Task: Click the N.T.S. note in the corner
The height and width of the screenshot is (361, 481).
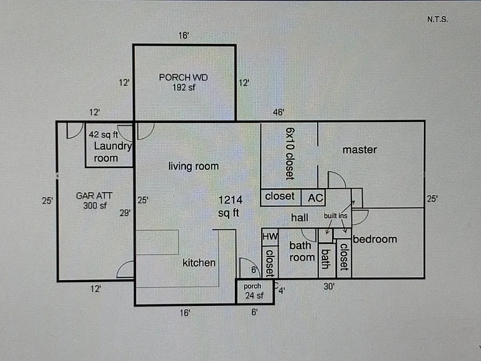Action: click(437, 19)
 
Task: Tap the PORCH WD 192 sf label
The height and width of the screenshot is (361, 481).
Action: click(184, 82)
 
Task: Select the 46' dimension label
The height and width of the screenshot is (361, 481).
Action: click(279, 112)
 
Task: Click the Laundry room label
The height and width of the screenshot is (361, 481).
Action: click(113, 152)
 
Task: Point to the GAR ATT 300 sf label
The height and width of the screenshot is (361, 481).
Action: click(94, 201)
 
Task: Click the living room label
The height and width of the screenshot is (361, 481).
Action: click(194, 166)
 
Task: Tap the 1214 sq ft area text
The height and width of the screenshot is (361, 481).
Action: click(230, 206)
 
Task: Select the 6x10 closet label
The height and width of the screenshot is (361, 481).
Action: click(290, 154)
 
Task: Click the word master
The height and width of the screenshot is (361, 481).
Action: click(360, 150)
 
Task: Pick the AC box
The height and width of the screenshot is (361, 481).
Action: click(314, 197)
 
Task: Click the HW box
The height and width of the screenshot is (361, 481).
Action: click(270, 237)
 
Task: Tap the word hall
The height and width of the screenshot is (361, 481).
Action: click(300, 217)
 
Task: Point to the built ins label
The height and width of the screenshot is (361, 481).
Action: click(336, 216)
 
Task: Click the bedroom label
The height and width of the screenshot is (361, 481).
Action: click(375, 239)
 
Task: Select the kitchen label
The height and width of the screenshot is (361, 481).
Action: click(199, 263)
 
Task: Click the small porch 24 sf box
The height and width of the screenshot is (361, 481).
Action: click(255, 291)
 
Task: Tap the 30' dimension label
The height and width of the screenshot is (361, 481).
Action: click(329, 286)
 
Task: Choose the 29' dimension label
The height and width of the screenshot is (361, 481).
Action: click(125, 212)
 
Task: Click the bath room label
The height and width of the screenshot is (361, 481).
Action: click(302, 251)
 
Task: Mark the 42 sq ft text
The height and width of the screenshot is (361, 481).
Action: click(103, 135)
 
